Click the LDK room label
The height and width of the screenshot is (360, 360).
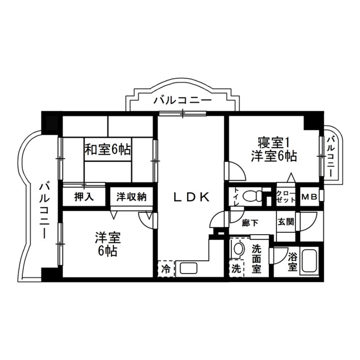pyautogui.click(x=191, y=197)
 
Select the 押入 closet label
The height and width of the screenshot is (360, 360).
pyautogui.click(x=84, y=197)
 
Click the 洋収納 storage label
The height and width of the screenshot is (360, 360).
pyautogui.click(x=131, y=197)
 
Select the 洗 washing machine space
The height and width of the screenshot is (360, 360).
pyautogui.click(x=236, y=269)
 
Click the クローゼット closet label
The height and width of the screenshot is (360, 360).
pyautogui.click(x=286, y=197)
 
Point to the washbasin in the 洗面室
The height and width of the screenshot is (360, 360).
pyautogui.click(x=238, y=250)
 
